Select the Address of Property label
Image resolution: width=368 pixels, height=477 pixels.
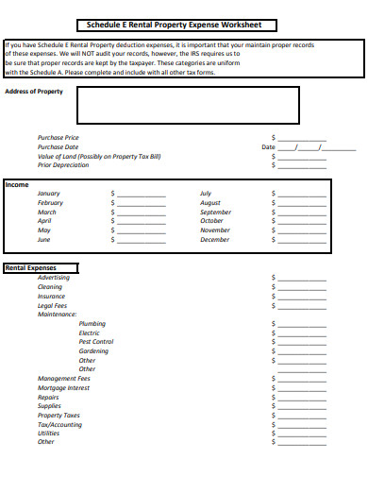coord(34,91)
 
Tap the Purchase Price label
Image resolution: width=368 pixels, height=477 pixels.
coord(59,138)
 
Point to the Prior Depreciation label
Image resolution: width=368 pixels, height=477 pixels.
coord(63,165)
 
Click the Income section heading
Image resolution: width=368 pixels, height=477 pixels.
coord(17,185)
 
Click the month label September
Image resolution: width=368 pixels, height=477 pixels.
coord(215,212)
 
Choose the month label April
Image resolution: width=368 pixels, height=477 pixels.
coord(44,221)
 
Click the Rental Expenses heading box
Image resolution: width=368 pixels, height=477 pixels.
coord(42,268)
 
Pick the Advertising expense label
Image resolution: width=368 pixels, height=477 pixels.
coord(54,278)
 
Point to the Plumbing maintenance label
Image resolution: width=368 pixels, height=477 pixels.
coord(92,324)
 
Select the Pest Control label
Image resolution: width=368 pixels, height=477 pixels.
coord(96,342)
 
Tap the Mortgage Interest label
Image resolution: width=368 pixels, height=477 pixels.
coord(63,388)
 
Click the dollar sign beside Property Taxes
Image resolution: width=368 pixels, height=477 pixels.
coord(274,416)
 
